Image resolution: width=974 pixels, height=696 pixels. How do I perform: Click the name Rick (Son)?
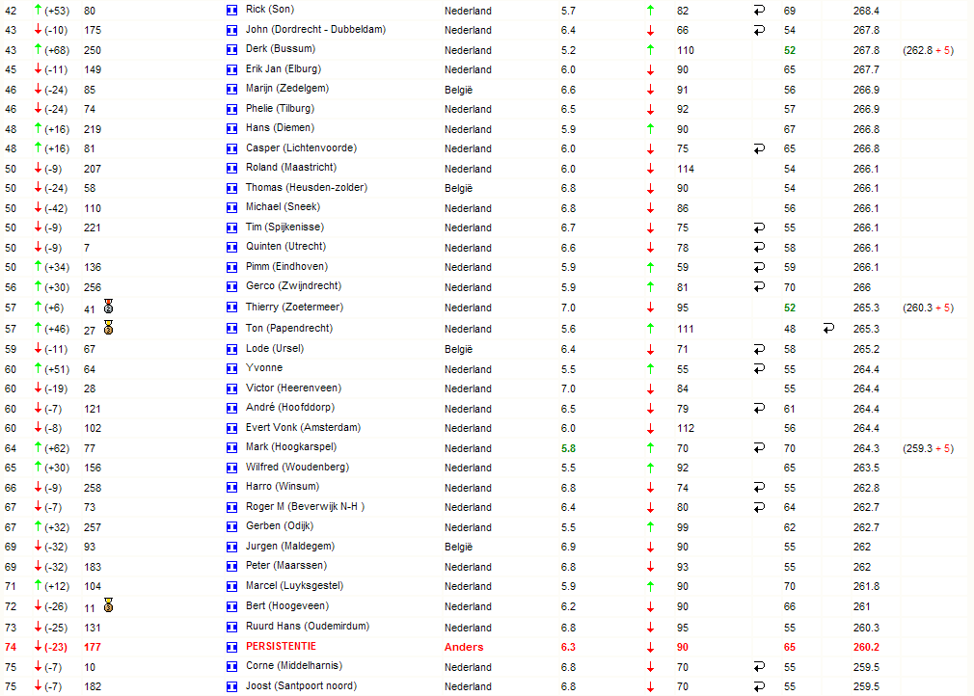[270, 9]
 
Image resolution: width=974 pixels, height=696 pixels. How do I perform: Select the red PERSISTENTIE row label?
[281, 646]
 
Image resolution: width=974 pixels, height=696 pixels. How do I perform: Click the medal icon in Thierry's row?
[109, 307]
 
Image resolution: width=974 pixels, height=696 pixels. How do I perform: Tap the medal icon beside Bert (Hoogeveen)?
[109, 605]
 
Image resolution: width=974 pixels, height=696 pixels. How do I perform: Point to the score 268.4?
[866, 10]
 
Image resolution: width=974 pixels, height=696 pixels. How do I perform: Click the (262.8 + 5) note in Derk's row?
[928, 50]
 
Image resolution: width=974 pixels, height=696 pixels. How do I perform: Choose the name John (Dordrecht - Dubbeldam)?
[315, 29]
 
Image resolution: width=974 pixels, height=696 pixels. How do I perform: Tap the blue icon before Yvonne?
[231, 368]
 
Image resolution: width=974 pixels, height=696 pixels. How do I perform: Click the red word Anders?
[464, 647]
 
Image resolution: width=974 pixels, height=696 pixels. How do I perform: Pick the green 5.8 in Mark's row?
[568, 448]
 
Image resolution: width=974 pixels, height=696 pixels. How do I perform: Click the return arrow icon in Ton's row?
[828, 329]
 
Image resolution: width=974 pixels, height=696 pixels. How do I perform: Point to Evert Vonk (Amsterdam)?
[303, 427]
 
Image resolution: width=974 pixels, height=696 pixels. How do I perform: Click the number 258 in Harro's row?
[93, 487]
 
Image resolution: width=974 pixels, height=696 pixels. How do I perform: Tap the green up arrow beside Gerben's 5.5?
[651, 527]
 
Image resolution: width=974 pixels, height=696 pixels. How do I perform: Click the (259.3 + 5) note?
[928, 448]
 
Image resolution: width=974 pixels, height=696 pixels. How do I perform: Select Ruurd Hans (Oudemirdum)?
[307, 626]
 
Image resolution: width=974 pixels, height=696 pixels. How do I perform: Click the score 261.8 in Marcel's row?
[866, 586]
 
